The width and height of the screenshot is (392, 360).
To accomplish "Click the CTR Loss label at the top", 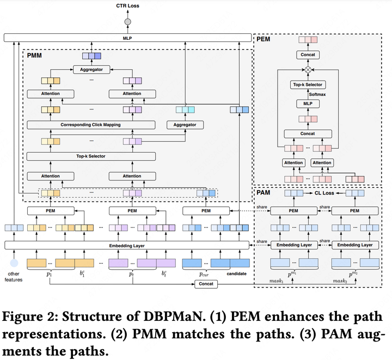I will point(128,6).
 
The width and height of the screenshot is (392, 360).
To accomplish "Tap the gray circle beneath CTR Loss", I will point(128,22).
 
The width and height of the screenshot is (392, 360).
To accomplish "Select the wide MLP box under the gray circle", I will point(128,38).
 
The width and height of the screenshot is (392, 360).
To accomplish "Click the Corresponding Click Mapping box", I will point(90,125).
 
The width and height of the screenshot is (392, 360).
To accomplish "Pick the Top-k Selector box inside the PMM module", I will point(90,156).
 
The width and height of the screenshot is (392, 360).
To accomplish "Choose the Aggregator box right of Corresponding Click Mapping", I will point(185,125).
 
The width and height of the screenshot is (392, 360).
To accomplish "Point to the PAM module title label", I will point(265,192).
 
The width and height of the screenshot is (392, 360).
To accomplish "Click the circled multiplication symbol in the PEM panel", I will point(308,70).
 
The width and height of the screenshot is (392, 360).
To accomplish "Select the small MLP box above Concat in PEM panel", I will point(308,103).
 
